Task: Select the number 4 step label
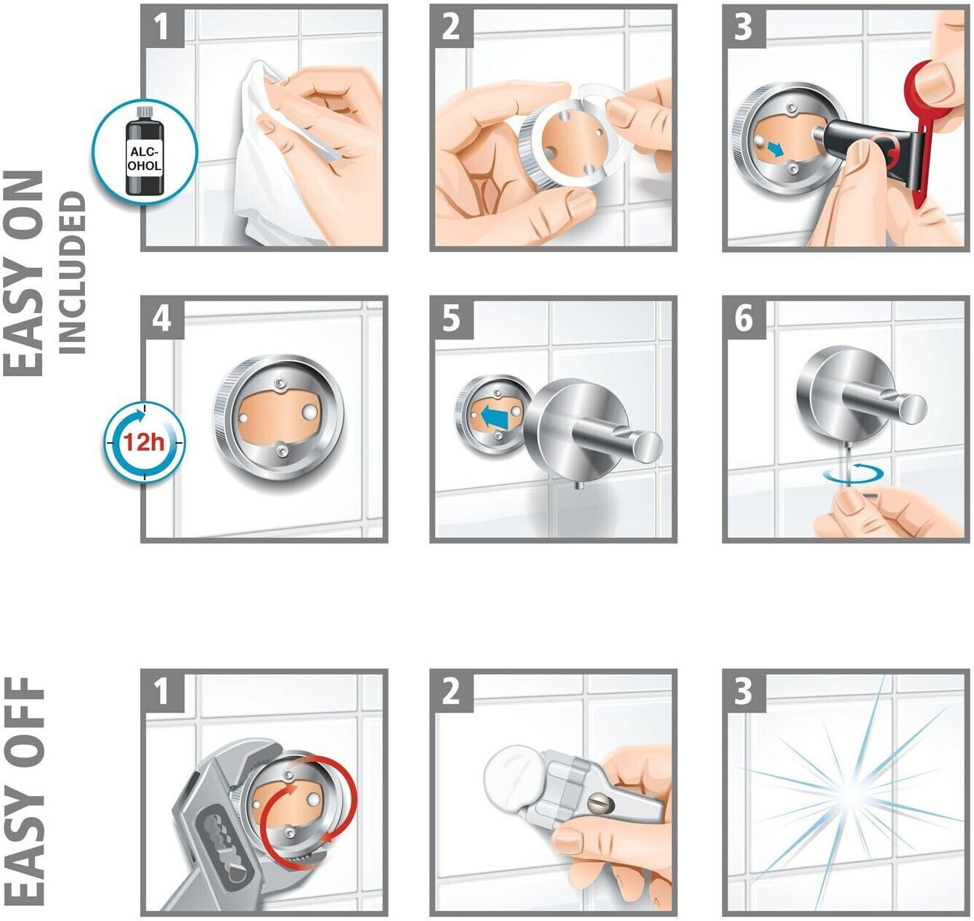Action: tap(162, 318)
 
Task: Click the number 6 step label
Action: tap(744, 318)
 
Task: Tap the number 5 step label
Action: tap(451, 318)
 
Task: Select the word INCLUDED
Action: tap(73, 272)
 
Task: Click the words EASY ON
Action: tap(24, 273)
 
